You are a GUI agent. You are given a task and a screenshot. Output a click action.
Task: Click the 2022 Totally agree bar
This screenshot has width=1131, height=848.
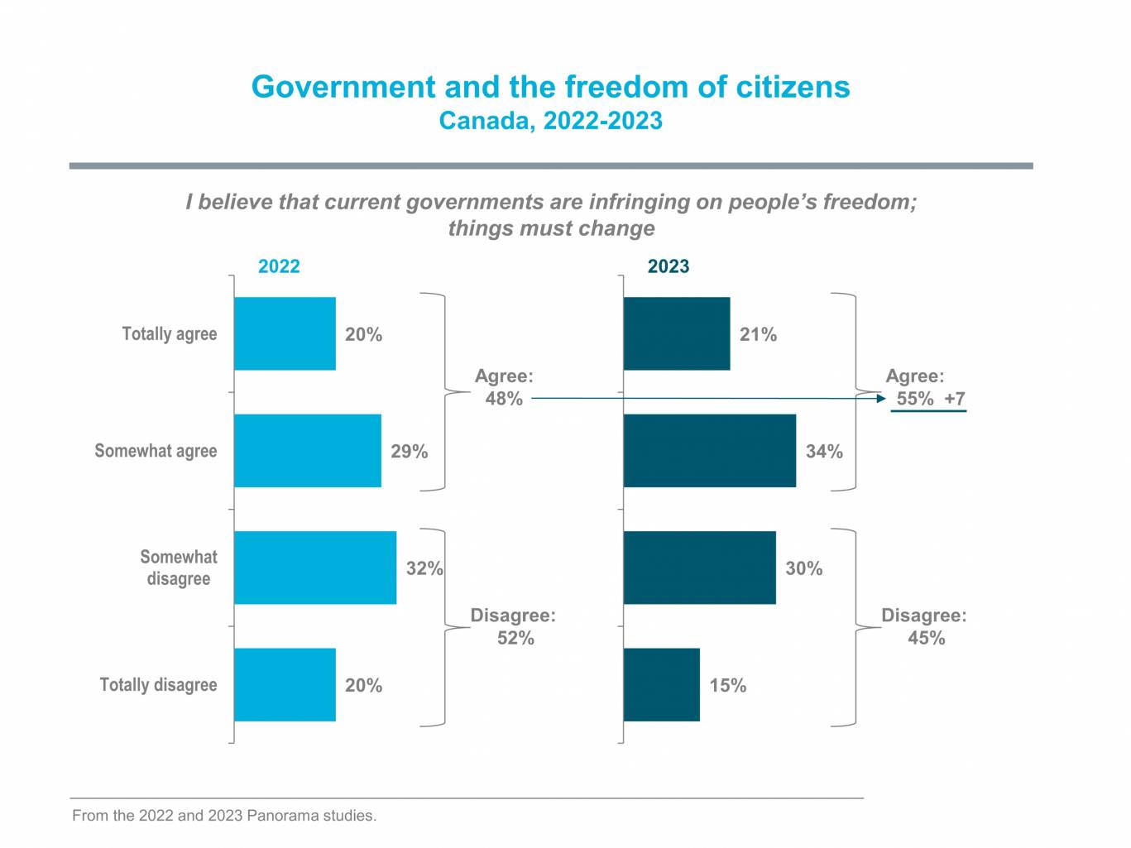click(x=285, y=333)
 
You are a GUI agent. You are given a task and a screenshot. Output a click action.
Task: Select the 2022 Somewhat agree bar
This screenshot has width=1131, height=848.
click(x=308, y=451)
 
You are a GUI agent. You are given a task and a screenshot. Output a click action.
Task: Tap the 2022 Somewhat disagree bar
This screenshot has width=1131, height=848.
click(x=315, y=568)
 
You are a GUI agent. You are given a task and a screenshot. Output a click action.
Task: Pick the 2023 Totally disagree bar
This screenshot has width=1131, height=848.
click(x=661, y=685)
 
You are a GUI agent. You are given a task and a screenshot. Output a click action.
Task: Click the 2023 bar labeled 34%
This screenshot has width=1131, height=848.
click(x=709, y=451)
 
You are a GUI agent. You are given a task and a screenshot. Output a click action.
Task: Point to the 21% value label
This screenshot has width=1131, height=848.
click(x=758, y=334)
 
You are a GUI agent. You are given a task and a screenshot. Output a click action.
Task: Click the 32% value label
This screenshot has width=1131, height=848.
click(x=424, y=568)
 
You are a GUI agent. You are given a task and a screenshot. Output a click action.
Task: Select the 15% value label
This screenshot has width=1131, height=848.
click(x=728, y=686)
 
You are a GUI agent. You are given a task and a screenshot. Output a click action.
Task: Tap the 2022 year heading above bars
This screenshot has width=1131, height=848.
click(x=279, y=266)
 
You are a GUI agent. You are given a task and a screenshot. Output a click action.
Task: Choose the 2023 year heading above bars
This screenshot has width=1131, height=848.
click(x=668, y=266)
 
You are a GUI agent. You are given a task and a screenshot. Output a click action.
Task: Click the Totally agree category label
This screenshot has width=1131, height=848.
click(x=170, y=334)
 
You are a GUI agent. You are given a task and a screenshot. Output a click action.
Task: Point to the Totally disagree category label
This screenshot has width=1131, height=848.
click(x=158, y=685)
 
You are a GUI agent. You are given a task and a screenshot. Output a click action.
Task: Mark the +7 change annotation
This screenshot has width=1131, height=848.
click(x=955, y=399)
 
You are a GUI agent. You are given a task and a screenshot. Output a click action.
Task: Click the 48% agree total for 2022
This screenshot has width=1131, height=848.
click(x=504, y=399)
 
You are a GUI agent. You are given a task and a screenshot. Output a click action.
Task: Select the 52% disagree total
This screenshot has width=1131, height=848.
click(x=515, y=638)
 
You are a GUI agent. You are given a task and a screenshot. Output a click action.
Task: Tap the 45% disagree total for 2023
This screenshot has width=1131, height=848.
click(x=926, y=638)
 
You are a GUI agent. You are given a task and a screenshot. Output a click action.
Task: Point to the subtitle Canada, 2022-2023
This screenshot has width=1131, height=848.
click(x=550, y=121)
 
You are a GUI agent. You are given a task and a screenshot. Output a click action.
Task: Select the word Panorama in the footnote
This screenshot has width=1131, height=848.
click(x=282, y=816)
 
